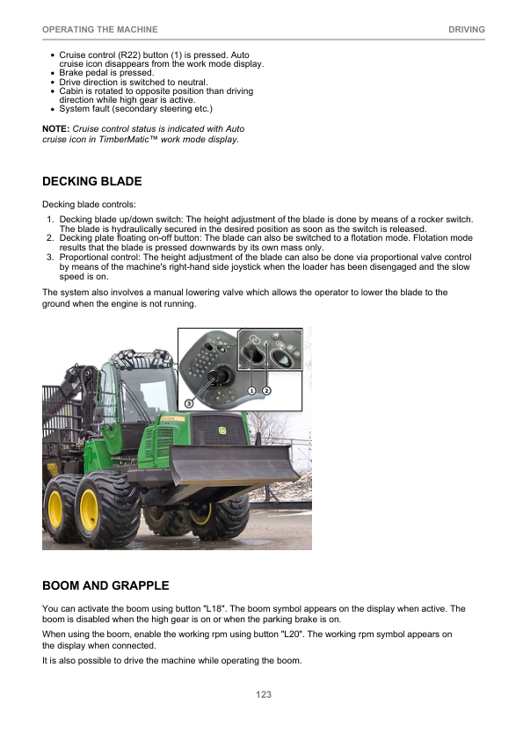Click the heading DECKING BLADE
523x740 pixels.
point(92,182)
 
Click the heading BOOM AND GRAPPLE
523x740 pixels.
point(105,585)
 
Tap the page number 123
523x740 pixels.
point(263,694)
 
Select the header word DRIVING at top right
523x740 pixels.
point(466,30)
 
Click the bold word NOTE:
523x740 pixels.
point(56,129)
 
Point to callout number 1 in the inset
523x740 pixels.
point(251,389)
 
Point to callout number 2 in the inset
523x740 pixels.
point(265,389)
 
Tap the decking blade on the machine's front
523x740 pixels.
point(233,465)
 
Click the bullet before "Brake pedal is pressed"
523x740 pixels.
point(53,73)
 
